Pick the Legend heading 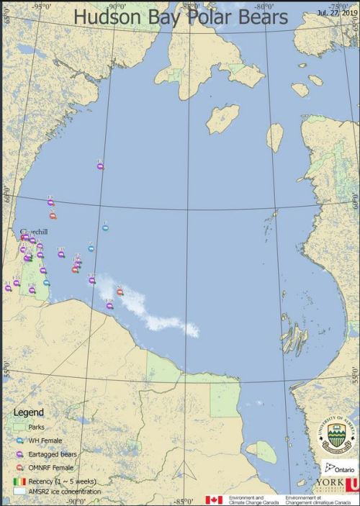(x=29, y=412)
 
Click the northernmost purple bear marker (x=100, y=166)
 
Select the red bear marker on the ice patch (x=120, y=292)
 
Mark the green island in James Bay (x=265, y=452)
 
